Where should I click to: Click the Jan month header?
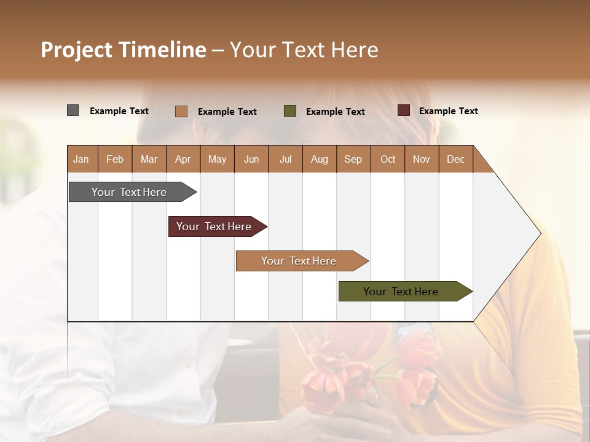pos(81,159)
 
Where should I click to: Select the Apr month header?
pos(183,159)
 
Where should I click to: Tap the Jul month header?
pos(285,159)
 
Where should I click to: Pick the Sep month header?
pos(353,159)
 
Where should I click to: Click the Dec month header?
pos(455,159)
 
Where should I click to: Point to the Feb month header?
pos(115,159)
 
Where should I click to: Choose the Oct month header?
pos(388,159)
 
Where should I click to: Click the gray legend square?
pos(73,110)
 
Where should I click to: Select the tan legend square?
pos(181,111)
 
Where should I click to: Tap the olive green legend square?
pos(290,111)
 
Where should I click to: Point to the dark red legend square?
pos(404,110)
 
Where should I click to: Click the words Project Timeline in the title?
pos(124,50)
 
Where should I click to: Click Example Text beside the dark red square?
pos(448,111)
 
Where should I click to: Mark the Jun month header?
pos(251,159)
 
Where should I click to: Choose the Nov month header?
pos(422,159)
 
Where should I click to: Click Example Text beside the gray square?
pos(119,111)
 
